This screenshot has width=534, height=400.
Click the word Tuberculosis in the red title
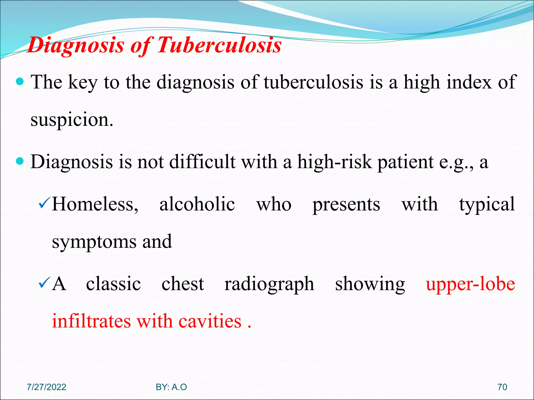tap(220, 45)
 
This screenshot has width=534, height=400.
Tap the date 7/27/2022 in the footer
tap(46, 387)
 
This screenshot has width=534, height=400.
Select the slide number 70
tap(502, 387)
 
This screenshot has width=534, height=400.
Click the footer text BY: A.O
tap(171, 387)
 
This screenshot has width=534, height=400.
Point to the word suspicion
tap(72, 120)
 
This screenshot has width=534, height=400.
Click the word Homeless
tap(95, 204)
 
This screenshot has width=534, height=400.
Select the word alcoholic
tap(197, 204)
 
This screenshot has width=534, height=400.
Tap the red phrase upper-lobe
tap(470, 284)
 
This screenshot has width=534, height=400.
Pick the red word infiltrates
tap(91, 321)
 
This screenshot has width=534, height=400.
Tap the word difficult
tap(202, 161)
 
